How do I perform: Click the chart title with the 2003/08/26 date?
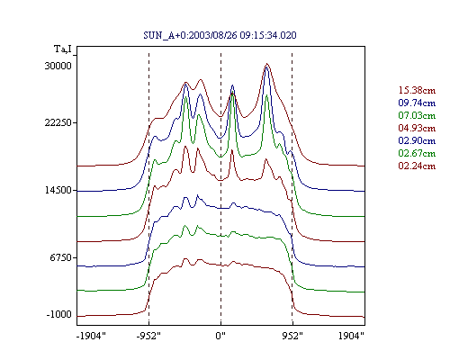pos(220,35)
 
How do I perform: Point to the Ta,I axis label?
pos(63,49)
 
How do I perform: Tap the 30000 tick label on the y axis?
pos(58,66)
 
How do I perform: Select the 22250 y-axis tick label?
pos(58,122)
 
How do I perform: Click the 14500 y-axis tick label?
pos(58,190)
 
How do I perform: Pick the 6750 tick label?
pos(61,257)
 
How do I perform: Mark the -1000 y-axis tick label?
pos(59,314)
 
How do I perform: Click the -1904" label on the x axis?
pos(91,336)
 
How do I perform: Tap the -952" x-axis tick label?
pos(148,336)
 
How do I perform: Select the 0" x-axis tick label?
pos(220,336)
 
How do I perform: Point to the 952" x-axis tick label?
pos(292,336)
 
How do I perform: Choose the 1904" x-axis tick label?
pos(351,336)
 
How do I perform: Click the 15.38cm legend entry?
pos(417,90)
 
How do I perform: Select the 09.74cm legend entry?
pos(417,103)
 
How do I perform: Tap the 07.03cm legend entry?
pos(417,115)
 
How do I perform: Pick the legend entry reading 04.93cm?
pos(417,128)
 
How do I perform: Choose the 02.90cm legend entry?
pos(417,140)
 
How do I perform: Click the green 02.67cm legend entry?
pos(417,153)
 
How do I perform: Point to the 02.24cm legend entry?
pos(417,166)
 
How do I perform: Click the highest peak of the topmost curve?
pos(267,64)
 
